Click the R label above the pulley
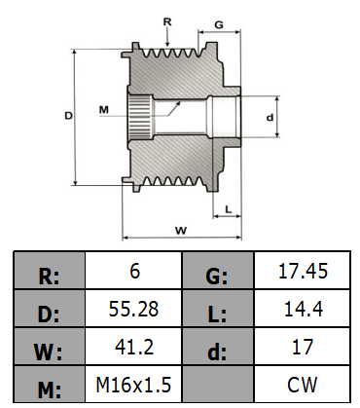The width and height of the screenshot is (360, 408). point(167,21)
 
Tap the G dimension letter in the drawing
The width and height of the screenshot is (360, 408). point(219,24)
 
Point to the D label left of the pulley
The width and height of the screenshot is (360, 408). point(68,115)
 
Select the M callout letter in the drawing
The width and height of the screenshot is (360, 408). point(104,110)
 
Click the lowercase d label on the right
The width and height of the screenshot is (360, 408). point(270,117)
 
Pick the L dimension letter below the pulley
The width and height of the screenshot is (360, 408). point(229,209)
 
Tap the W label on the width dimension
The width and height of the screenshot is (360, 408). point(181,231)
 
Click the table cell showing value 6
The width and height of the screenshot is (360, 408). point(133,271)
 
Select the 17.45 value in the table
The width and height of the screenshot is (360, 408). point(303,271)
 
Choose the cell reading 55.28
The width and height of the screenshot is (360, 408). point(133,309)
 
